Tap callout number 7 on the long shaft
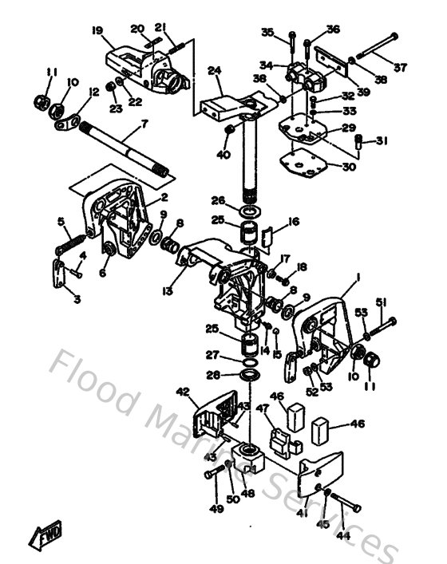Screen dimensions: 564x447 (x=144, y=124)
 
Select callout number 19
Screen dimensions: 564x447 (x=98, y=31)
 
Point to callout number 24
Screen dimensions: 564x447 (x=214, y=70)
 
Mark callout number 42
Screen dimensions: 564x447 (x=183, y=392)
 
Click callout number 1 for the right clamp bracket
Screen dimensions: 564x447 (x=358, y=276)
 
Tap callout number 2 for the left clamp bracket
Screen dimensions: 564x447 (x=163, y=197)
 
